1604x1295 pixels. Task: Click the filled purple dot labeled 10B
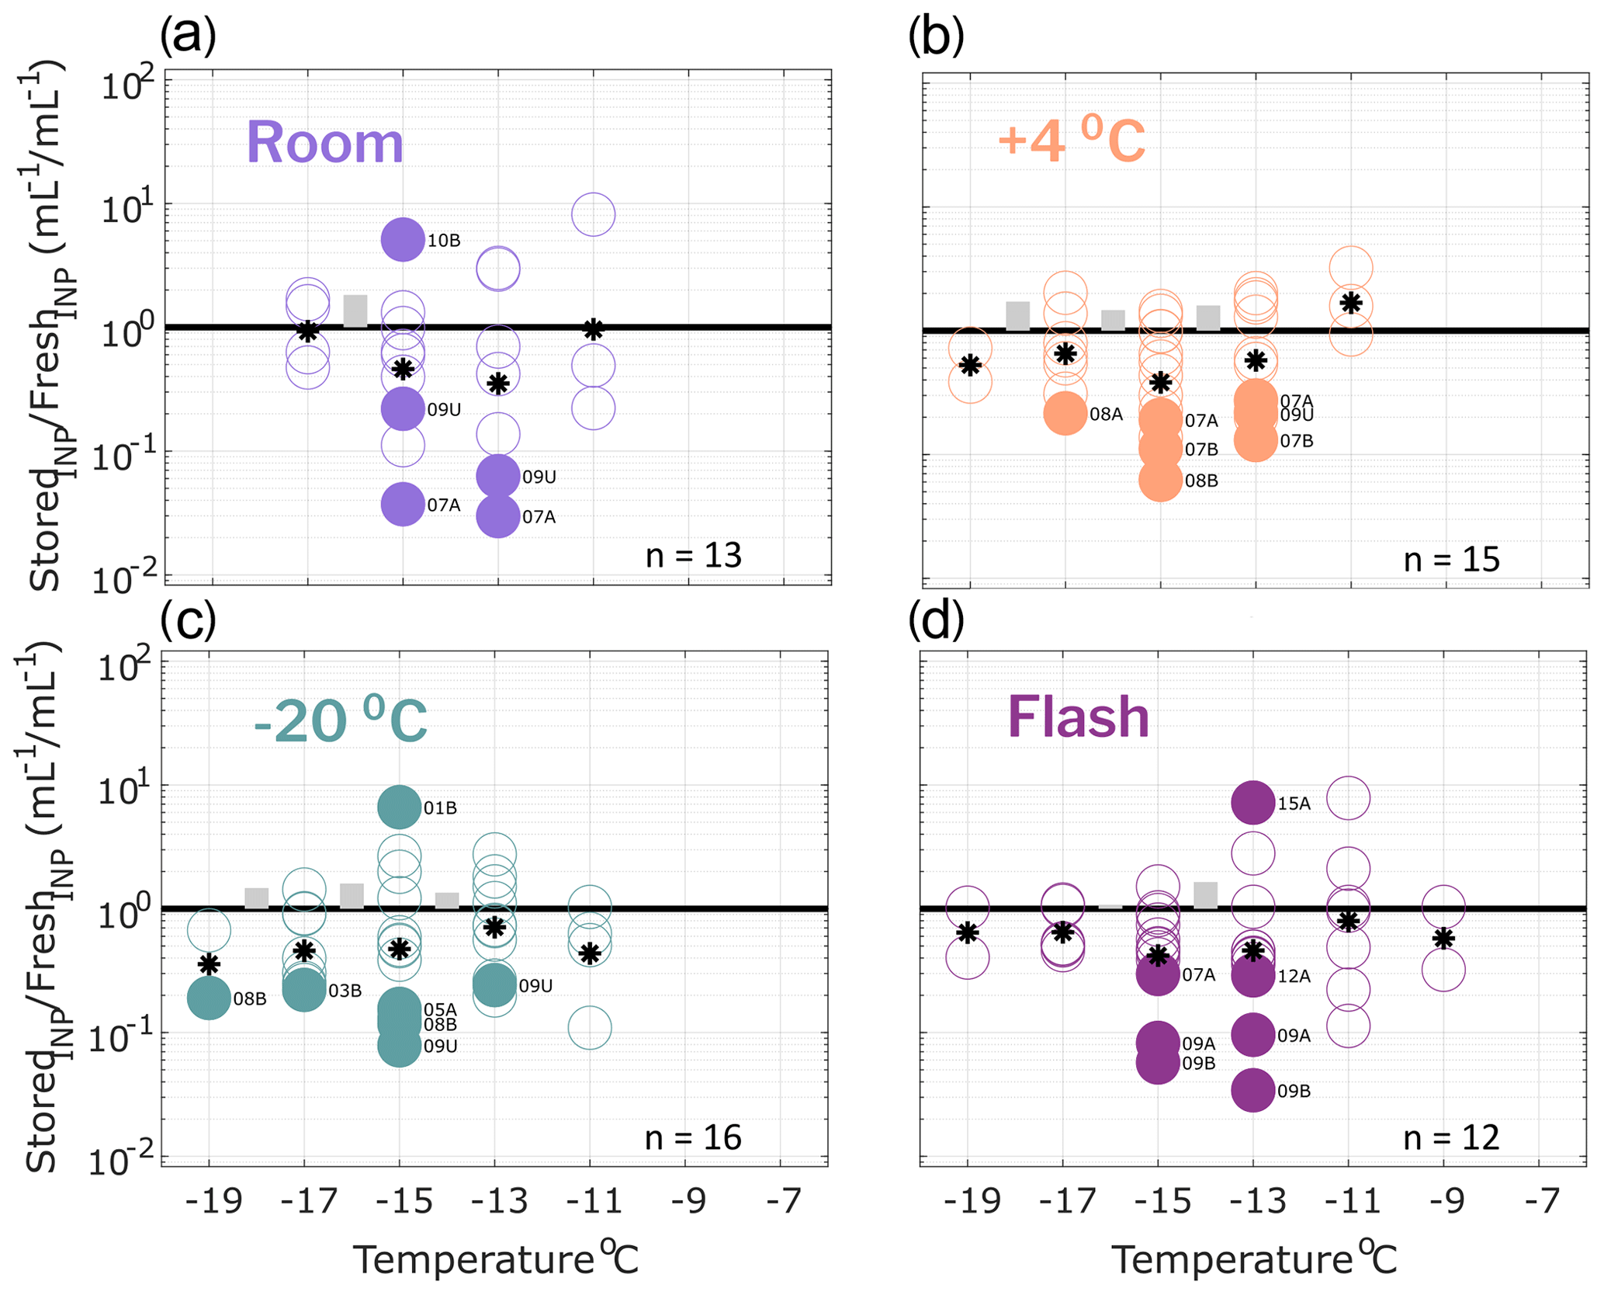pos(403,239)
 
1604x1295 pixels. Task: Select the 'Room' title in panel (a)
pos(325,144)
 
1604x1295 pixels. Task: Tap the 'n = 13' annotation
pos(693,556)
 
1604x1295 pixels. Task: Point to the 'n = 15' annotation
pos(1451,559)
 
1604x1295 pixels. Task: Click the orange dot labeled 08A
pos(1065,414)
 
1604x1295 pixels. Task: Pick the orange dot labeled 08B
pos(1160,480)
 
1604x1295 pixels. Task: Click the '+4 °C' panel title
pos(1071,141)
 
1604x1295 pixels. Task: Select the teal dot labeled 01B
pos(399,807)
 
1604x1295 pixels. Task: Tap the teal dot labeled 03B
pos(304,990)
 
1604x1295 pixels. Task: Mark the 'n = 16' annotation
pos(693,1137)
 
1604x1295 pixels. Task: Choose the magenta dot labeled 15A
pos(1253,803)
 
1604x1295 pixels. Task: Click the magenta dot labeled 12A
pos(1253,976)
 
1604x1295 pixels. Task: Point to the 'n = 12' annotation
pos(1451,1138)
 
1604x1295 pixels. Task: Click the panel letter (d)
pos(936,621)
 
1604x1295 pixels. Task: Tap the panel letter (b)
pos(936,37)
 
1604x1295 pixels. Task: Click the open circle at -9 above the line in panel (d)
pos(1443,906)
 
